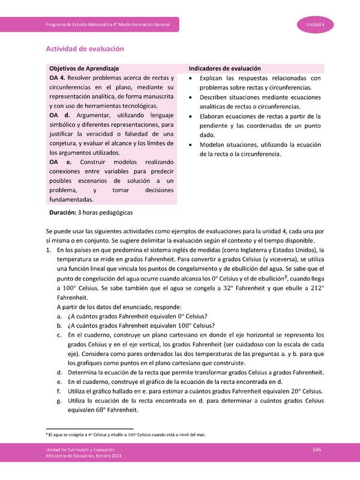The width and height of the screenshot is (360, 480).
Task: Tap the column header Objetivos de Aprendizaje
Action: pyautogui.click(x=84, y=69)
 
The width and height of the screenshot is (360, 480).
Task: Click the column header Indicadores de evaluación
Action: pyautogui.click(x=226, y=69)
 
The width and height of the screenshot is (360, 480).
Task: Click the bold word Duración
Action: pyautogui.click(x=62, y=212)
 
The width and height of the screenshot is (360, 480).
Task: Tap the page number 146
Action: pyautogui.click(x=317, y=450)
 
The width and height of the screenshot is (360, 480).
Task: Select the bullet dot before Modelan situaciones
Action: pyautogui.click(x=190, y=145)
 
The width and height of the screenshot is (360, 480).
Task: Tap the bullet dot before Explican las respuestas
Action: pyautogui.click(x=190, y=79)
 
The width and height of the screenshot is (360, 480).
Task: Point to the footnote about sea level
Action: pyautogui.click(x=125, y=435)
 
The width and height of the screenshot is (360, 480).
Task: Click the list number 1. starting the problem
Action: pyautogui.click(x=49, y=250)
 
